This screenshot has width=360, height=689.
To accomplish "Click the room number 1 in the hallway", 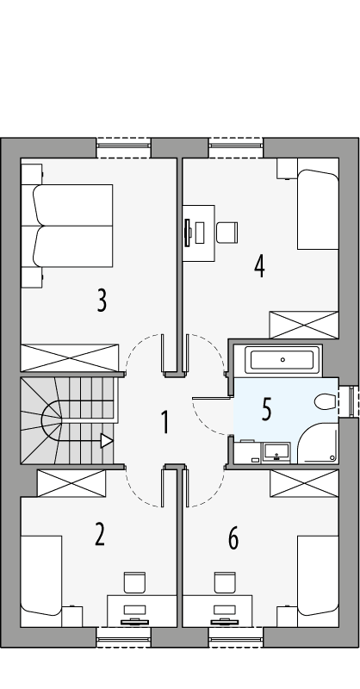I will click(x=164, y=422).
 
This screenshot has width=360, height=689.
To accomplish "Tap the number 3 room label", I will click(x=102, y=301).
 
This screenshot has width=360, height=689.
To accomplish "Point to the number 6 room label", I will click(x=233, y=539).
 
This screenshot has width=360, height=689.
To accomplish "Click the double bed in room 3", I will click(x=71, y=226).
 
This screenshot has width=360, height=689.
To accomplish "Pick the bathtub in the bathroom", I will click(x=282, y=360).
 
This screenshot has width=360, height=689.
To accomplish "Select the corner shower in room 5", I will click(x=318, y=444).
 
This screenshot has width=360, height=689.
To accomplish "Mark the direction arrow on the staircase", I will click(x=106, y=441).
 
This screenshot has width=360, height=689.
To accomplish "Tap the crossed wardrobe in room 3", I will click(x=69, y=357).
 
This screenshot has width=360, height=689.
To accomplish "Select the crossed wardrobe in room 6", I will click(x=304, y=483).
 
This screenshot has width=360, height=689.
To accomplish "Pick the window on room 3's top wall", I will click(x=124, y=147).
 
